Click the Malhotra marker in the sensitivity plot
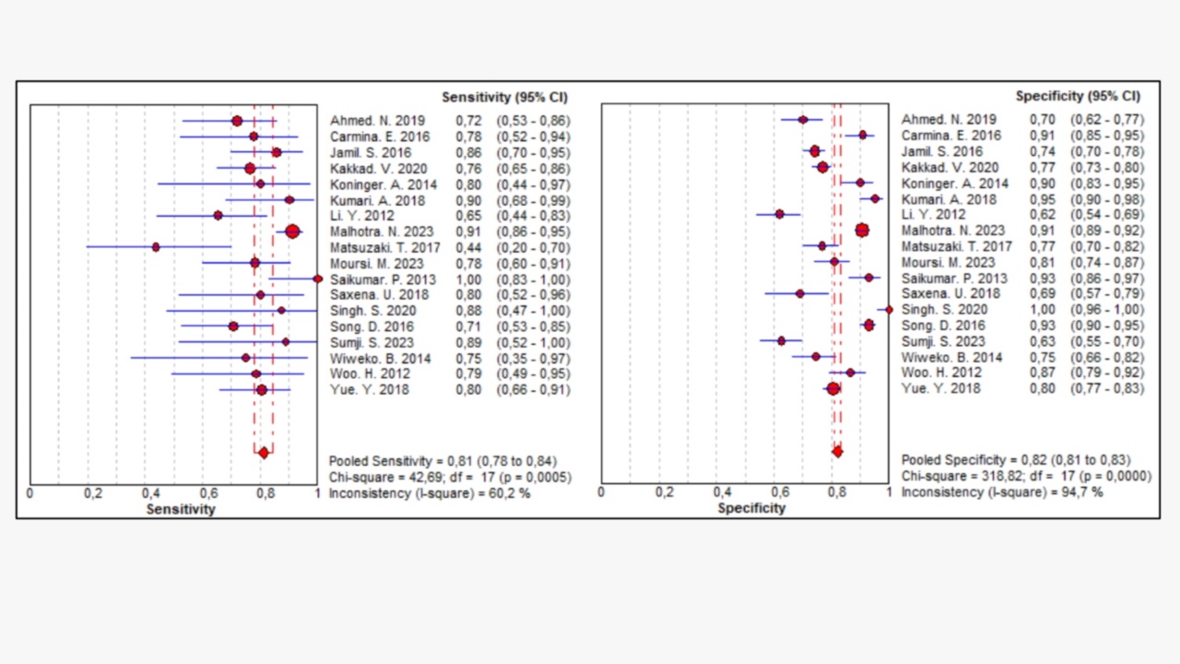292,231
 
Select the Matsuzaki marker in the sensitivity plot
156,247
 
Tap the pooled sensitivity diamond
264,453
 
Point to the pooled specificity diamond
837,452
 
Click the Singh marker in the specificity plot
890,310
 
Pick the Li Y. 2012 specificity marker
780,215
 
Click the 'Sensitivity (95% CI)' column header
504,98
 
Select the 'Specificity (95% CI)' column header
1078,97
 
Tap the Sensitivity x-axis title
181,509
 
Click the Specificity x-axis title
751,508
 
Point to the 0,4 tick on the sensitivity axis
150,493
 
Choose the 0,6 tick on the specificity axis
780,492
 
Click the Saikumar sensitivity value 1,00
468,279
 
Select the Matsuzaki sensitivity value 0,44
468,248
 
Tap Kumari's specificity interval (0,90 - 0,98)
1107,200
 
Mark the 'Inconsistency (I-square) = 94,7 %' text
1002,492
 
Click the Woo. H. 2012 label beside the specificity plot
941,373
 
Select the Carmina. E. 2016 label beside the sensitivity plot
380,137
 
